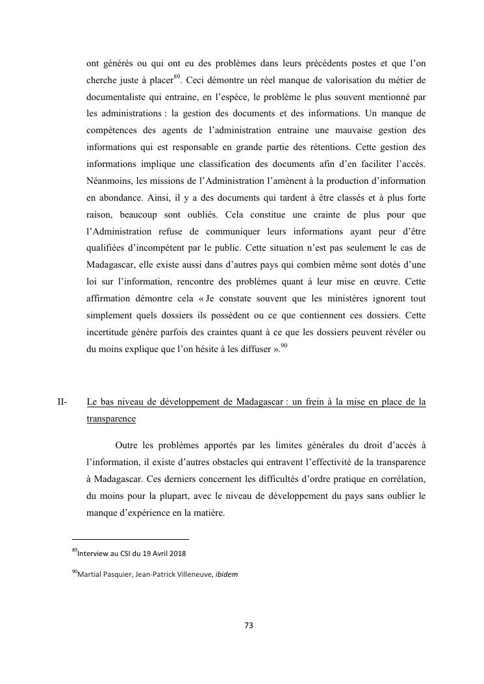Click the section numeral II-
pos(63,402)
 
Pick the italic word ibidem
pos(227,574)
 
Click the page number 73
pos(248,626)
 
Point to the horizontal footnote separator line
pos(130,539)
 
